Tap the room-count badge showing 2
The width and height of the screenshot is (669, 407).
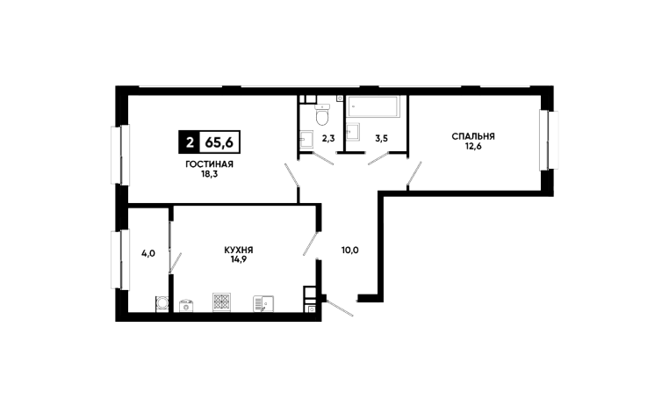pos(189,141)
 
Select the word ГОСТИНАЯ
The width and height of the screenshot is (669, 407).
pos(209,164)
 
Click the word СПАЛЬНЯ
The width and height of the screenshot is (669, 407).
pos(473,136)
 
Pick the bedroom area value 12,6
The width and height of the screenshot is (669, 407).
pos(473,146)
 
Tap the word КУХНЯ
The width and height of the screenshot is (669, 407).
pos(238,250)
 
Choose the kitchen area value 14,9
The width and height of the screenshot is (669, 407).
pos(238,259)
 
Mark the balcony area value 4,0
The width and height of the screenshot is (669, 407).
pos(147,253)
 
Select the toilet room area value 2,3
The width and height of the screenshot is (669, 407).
pos(327,138)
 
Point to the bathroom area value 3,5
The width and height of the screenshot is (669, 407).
pos(382,138)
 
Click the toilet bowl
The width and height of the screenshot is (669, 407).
pos(322,114)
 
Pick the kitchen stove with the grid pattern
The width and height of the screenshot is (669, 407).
pos(221,302)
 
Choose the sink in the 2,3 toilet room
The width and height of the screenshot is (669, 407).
pos(307,138)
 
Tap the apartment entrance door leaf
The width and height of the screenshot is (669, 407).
pos(338,308)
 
